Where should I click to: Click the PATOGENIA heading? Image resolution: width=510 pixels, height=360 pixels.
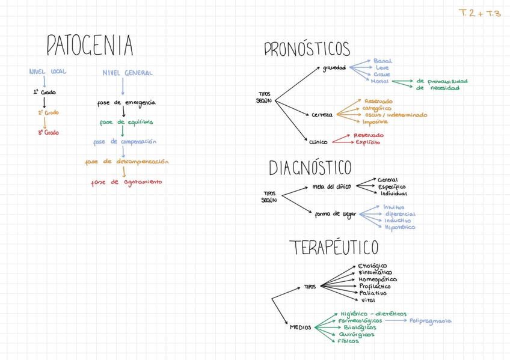coord(90,46)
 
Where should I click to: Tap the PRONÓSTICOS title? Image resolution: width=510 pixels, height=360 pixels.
coord(307,49)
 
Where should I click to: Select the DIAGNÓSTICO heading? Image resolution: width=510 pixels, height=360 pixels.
coord(310,167)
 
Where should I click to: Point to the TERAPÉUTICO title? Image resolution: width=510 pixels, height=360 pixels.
coord(334,247)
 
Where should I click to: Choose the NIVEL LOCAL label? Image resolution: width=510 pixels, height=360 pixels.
coord(48,72)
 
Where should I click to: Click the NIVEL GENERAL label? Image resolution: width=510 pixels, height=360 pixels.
coord(127,73)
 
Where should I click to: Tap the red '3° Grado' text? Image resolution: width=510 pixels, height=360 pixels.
coord(48,133)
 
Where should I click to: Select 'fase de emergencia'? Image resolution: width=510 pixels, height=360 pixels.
coord(126,103)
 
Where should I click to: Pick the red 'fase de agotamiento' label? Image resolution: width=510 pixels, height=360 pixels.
coord(126,182)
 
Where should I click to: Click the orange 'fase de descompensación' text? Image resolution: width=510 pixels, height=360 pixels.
coord(126,162)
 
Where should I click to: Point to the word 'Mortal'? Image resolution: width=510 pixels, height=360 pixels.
coord(380,81)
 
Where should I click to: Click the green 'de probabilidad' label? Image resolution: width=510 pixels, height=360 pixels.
coord(441,81)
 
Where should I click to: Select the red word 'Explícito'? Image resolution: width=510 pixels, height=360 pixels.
coord(367,142)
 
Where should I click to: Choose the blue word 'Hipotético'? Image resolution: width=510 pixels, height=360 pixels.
coord(399,227)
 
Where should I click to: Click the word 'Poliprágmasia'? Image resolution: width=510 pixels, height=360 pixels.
coord(431,321)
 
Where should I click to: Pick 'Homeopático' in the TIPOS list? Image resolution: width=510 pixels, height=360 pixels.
coord(377,279)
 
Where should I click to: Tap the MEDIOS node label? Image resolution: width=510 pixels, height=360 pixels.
coord(300,328)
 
